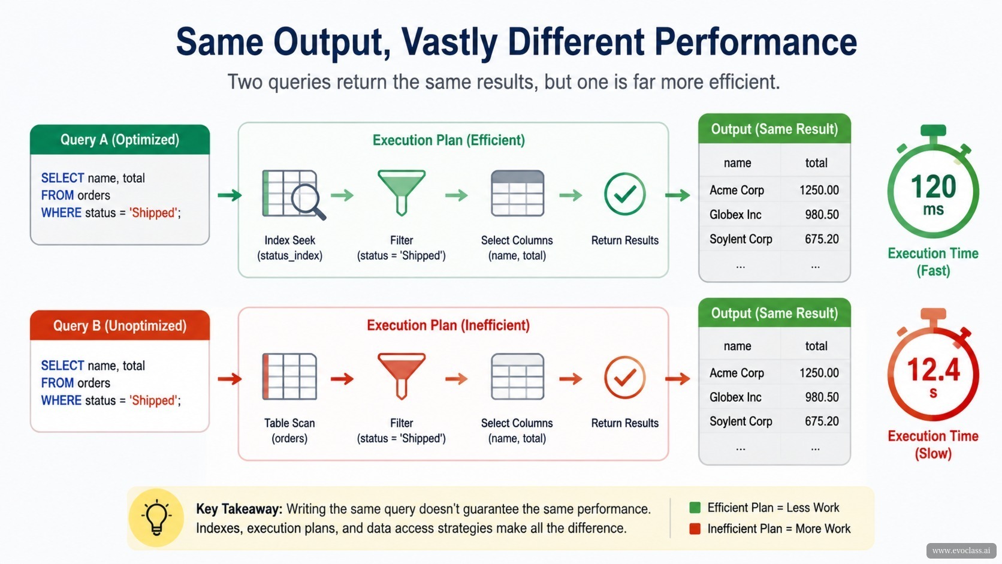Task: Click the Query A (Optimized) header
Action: click(x=120, y=140)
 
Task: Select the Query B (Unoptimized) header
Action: click(x=120, y=325)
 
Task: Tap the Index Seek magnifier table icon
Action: click(x=294, y=195)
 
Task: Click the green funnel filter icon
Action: click(x=402, y=193)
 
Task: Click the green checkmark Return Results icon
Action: click(x=624, y=194)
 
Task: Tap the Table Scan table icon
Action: click(x=289, y=376)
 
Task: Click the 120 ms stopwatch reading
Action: click(x=933, y=195)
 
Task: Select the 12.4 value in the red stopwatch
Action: click(x=933, y=370)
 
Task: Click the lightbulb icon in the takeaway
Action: click(x=156, y=517)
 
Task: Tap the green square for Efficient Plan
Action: click(x=695, y=508)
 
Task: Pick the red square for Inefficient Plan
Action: click(x=695, y=529)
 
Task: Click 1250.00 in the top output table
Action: click(x=819, y=190)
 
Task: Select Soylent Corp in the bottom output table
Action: click(x=741, y=421)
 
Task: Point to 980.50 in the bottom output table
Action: click(x=822, y=397)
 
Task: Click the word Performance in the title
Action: click(x=756, y=41)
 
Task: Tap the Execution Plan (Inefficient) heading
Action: click(x=448, y=325)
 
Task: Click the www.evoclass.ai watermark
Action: click(x=961, y=551)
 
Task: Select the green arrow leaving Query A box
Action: click(x=230, y=195)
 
